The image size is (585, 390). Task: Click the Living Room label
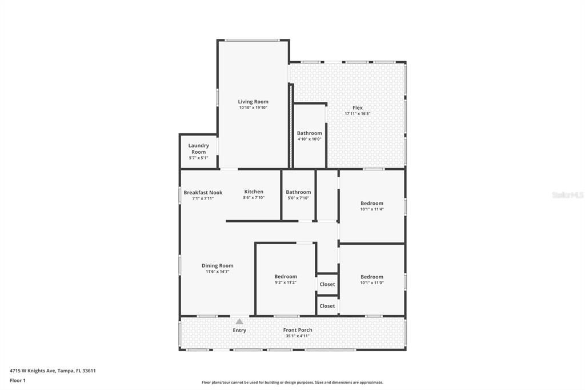tap(253, 102)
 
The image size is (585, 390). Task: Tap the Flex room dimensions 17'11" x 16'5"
tap(358, 114)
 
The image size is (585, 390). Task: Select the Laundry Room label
tap(198, 149)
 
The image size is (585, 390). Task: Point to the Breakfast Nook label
tap(203, 192)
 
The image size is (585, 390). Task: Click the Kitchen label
tap(254, 192)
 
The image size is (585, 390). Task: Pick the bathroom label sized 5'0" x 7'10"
tap(298, 192)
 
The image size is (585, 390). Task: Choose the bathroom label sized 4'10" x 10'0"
tap(309, 133)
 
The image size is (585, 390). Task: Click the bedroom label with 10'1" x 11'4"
tap(371, 203)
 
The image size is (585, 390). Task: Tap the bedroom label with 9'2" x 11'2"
tap(286, 276)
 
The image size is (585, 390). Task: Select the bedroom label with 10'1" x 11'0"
tap(371, 277)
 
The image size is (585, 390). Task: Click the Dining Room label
tap(218, 265)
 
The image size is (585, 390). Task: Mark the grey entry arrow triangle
tap(239, 321)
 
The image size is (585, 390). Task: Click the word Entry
tap(239, 330)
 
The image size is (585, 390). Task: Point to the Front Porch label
tap(298, 330)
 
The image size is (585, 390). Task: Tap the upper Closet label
tap(327, 284)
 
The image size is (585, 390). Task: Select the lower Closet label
tap(327, 306)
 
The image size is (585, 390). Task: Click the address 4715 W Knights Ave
tap(33, 371)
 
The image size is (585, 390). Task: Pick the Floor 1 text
tap(18, 381)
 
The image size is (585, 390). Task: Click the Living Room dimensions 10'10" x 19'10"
tap(253, 108)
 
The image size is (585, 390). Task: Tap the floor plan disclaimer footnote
tap(292, 382)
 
